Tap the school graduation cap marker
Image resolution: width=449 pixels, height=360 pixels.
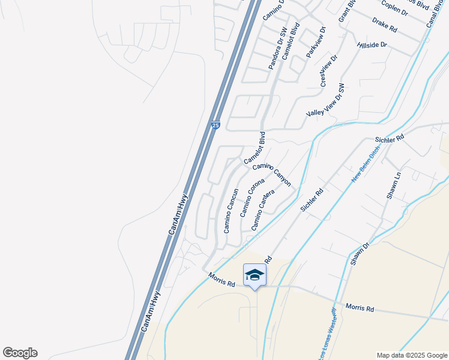coord(255,275)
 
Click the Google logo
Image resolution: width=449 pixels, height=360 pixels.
coord(20,353)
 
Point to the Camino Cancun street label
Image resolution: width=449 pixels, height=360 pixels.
coord(232,211)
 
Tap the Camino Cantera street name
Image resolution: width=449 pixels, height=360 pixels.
coord(263,210)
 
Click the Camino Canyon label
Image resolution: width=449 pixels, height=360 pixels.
coord(271,175)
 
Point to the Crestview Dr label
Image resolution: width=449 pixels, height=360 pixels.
coord(329,70)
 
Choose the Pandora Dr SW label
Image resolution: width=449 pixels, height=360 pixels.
coord(278,48)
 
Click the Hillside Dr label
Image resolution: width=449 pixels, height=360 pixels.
coord(372,45)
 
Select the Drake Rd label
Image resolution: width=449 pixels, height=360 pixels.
coord(385,25)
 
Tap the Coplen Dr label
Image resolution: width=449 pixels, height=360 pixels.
coord(394,10)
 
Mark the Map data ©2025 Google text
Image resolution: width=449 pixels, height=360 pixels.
coord(411,355)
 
